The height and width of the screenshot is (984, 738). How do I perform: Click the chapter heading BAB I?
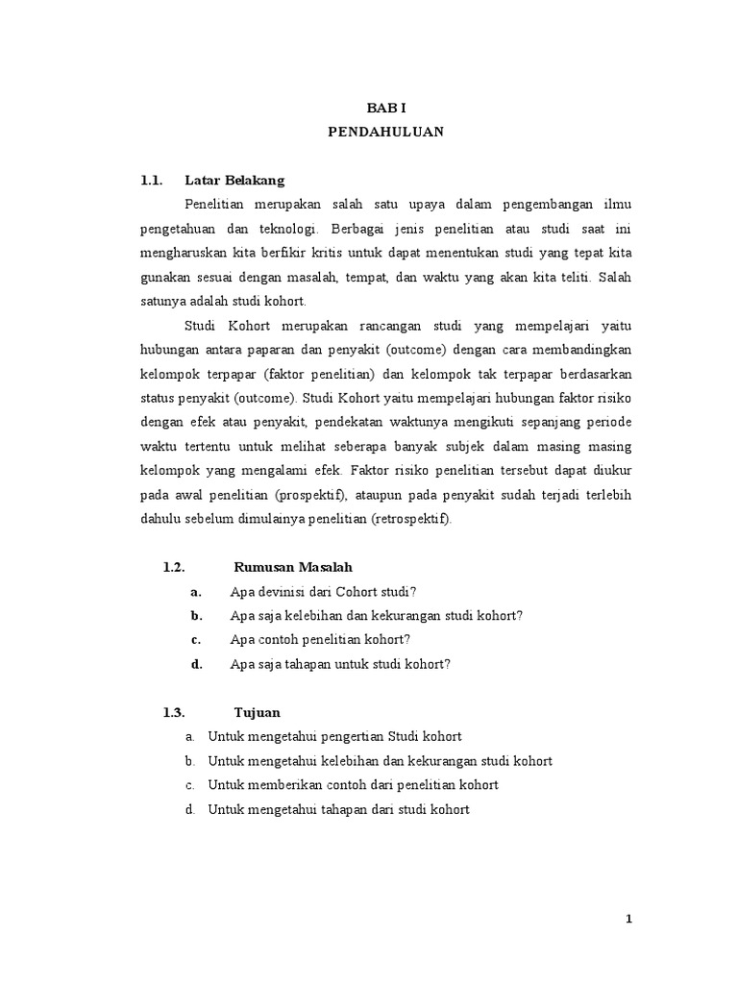[386, 111]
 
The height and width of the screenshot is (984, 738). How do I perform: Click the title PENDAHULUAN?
[386, 134]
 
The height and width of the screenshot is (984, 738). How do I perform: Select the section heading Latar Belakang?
[234, 180]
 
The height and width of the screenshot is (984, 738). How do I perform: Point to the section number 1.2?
[173, 567]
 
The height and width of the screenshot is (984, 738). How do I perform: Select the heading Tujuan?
[258, 712]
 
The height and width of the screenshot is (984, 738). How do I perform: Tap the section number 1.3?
[173, 712]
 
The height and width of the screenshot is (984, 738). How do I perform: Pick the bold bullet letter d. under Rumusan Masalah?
[196, 663]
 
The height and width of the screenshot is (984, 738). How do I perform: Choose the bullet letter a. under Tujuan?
[190, 736]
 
